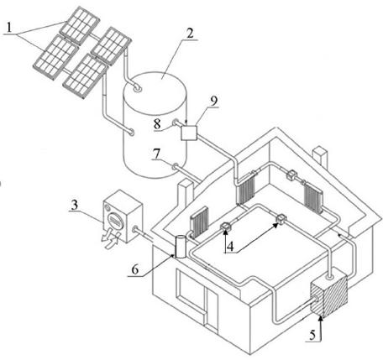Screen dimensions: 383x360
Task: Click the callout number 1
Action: pos(9,28)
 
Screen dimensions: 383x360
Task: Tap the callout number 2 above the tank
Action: pos(190,34)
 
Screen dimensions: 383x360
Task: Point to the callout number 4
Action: pos(230,247)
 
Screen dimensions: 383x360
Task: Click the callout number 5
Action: pos(312,335)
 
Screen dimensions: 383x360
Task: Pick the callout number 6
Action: pos(135,270)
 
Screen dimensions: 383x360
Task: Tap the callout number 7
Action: pos(156,154)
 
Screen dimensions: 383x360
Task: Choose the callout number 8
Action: pos(157,124)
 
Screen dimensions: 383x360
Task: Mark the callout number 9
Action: pos(214,101)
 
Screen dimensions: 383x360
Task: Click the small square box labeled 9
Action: pos(189,133)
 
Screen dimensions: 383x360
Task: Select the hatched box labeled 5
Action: pos(329,296)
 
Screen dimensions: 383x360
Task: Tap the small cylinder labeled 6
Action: pos(181,247)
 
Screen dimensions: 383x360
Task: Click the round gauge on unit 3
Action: pos(114,220)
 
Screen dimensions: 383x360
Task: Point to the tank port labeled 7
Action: pos(176,166)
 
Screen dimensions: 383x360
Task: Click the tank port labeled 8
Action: pos(176,123)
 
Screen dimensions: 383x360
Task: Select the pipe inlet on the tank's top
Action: pos(138,88)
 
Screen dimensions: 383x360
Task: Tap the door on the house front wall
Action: pos(212,310)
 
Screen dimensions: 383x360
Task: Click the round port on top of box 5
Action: pos(330,276)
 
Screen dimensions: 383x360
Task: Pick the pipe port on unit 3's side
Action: pos(135,230)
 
